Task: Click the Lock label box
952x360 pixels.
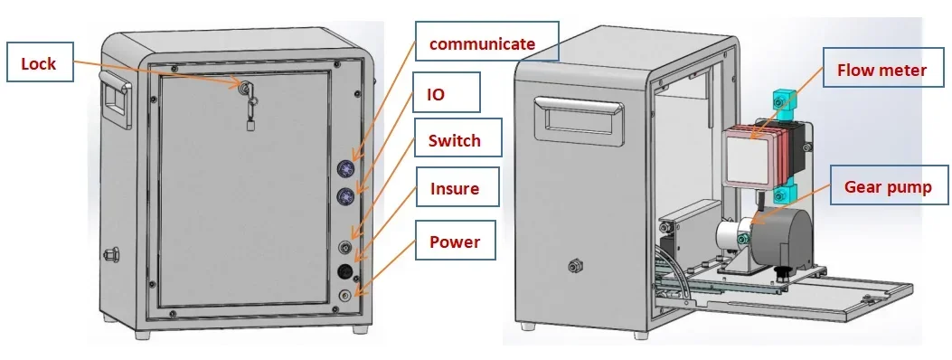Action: [39, 63]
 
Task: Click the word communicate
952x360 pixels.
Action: [482, 43]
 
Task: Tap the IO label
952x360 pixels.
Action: [436, 93]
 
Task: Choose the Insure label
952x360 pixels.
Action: [455, 189]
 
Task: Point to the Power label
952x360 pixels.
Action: [454, 242]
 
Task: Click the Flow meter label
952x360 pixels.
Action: [881, 70]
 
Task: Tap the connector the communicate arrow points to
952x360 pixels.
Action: [345, 167]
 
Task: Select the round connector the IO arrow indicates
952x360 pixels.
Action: [345, 196]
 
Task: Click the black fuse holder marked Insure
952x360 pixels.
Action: [345, 271]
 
